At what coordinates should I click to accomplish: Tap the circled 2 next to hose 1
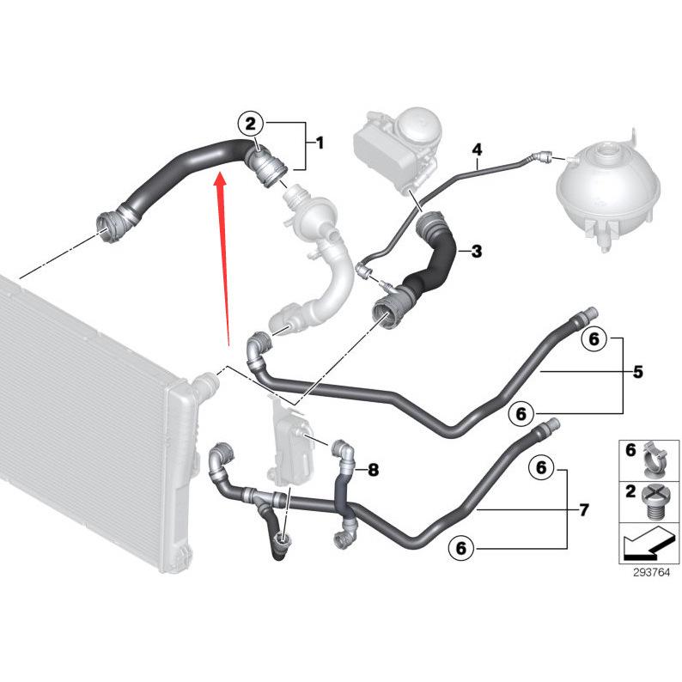click(x=250, y=125)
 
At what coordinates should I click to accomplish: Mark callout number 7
click(x=583, y=510)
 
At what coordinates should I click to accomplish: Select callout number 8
click(x=372, y=470)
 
